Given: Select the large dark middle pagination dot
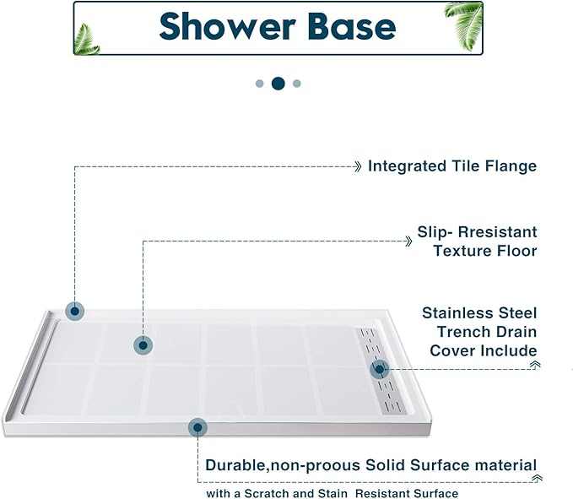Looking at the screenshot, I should coord(278,83).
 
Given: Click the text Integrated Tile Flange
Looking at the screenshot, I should coord(451,166).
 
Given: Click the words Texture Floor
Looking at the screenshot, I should coord(484,251).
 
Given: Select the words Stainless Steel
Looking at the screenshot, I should coord(478,313).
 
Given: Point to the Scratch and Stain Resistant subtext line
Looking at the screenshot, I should coord(332,493).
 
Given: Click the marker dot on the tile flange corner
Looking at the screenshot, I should coord(75,311).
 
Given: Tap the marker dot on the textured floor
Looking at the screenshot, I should coord(143,344).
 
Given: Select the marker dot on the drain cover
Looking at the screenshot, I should coord(379,368).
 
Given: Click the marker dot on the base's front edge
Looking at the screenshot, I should coord(197,428).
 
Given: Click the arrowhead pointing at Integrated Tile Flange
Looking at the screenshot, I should coord(359,166).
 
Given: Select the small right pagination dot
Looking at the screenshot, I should coord(297,84).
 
